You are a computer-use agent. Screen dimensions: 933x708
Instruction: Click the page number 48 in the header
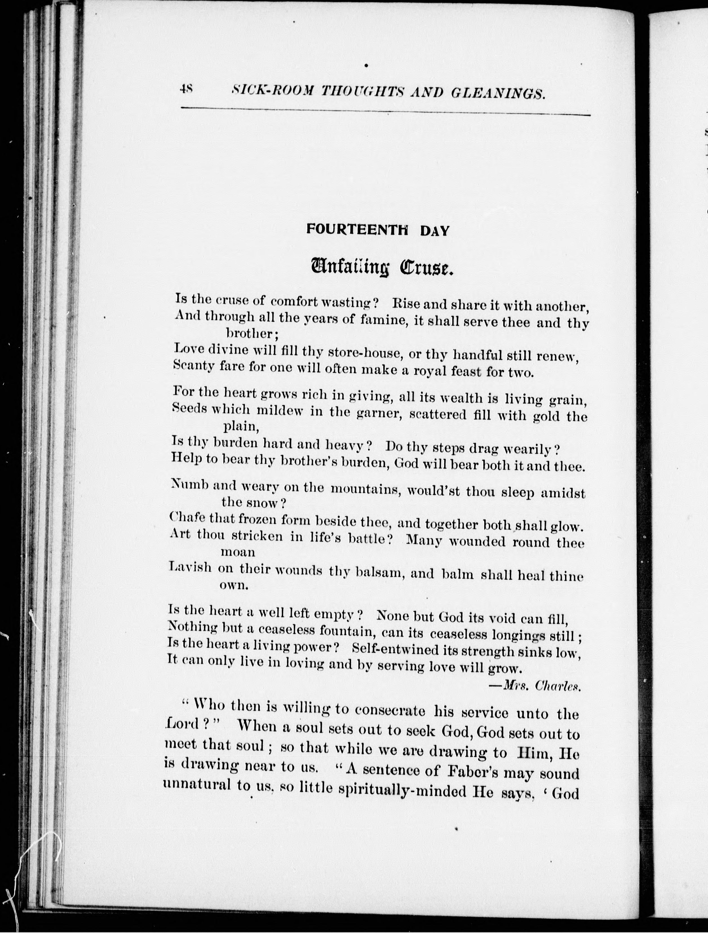click(186, 89)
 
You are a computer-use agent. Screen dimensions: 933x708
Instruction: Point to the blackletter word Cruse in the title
click(426, 268)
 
